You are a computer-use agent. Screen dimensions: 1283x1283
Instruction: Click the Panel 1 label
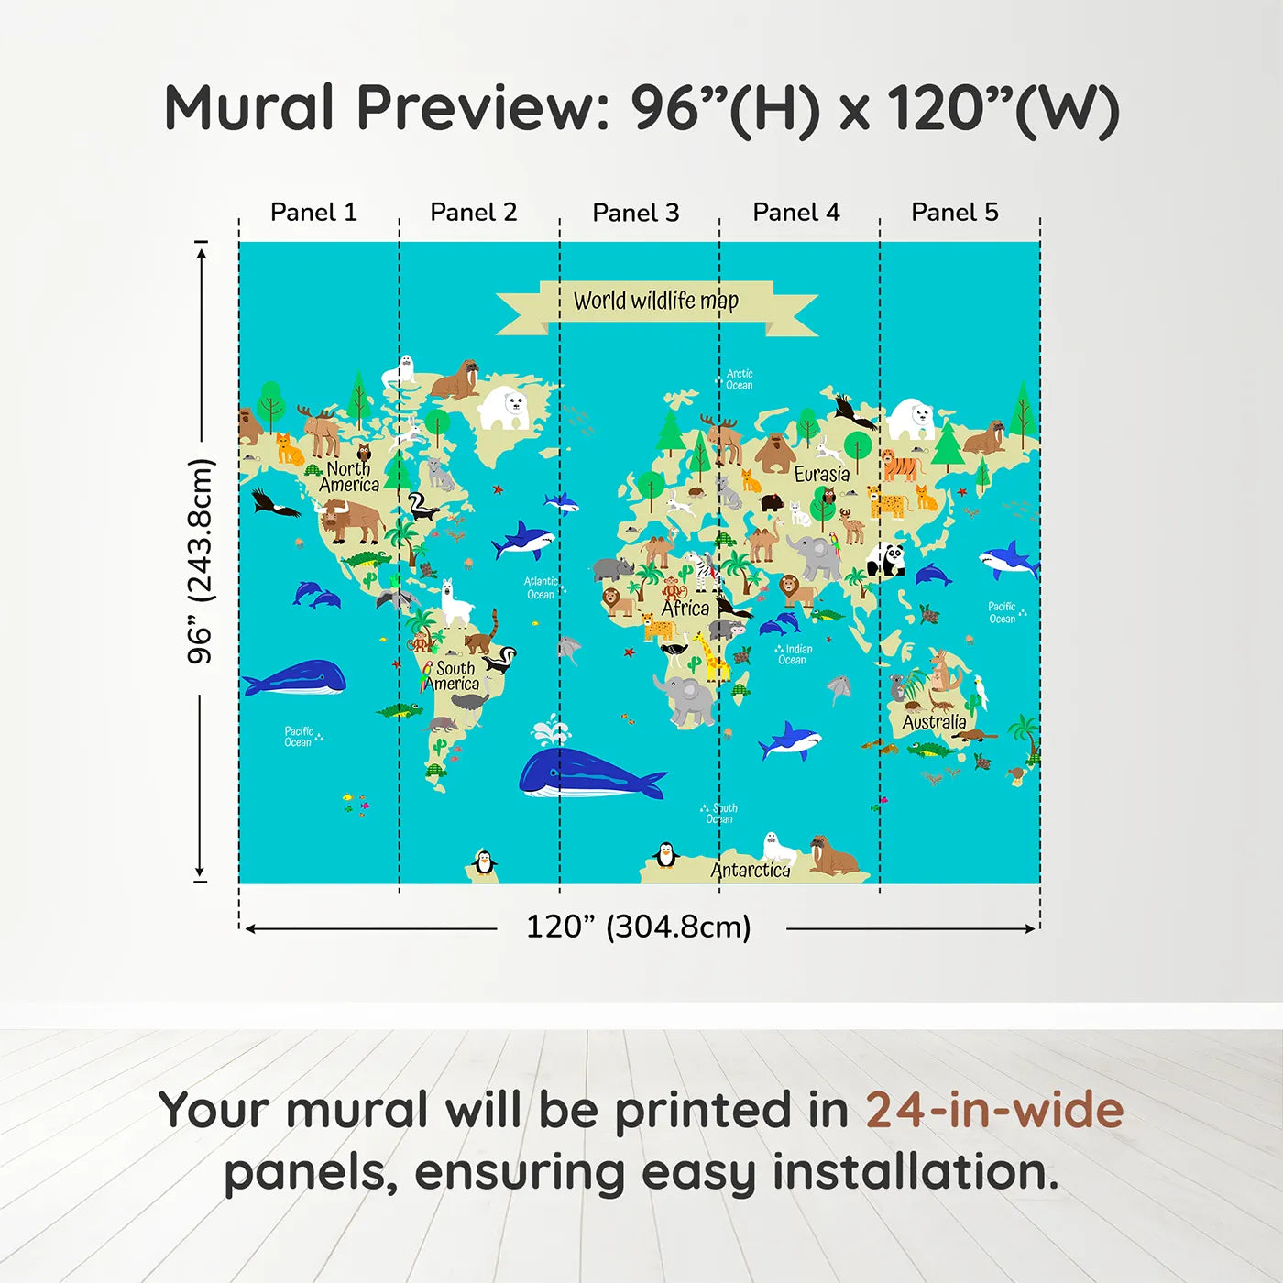tap(313, 213)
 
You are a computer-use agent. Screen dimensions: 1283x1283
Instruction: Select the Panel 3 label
tap(635, 214)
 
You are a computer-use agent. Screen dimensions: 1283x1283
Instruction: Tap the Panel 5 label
tap(954, 213)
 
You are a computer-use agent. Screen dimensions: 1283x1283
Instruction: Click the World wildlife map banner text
tap(655, 301)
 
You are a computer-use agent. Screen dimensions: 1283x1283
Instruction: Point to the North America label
tap(349, 477)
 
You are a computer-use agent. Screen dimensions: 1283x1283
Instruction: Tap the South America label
tap(454, 676)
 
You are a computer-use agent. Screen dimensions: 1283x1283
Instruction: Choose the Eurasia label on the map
tap(821, 474)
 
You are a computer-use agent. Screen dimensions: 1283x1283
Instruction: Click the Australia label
tap(934, 722)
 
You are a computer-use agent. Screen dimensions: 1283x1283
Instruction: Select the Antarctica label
tap(750, 870)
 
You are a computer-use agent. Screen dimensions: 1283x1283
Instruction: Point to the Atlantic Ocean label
tap(540, 587)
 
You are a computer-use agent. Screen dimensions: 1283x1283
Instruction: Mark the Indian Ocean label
tap(795, 654)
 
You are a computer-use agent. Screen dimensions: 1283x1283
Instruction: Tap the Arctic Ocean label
tap(739, 379)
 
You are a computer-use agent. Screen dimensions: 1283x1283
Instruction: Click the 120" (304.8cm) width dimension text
tap(638, 927)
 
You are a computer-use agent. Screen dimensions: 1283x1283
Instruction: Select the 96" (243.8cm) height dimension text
tap(200, 561)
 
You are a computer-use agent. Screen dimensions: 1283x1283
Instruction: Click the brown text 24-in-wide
tap(993, 1110)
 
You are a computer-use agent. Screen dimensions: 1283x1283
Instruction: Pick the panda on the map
tap(886, 558)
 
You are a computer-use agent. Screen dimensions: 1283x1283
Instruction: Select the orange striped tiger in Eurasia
tap(900, 466)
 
